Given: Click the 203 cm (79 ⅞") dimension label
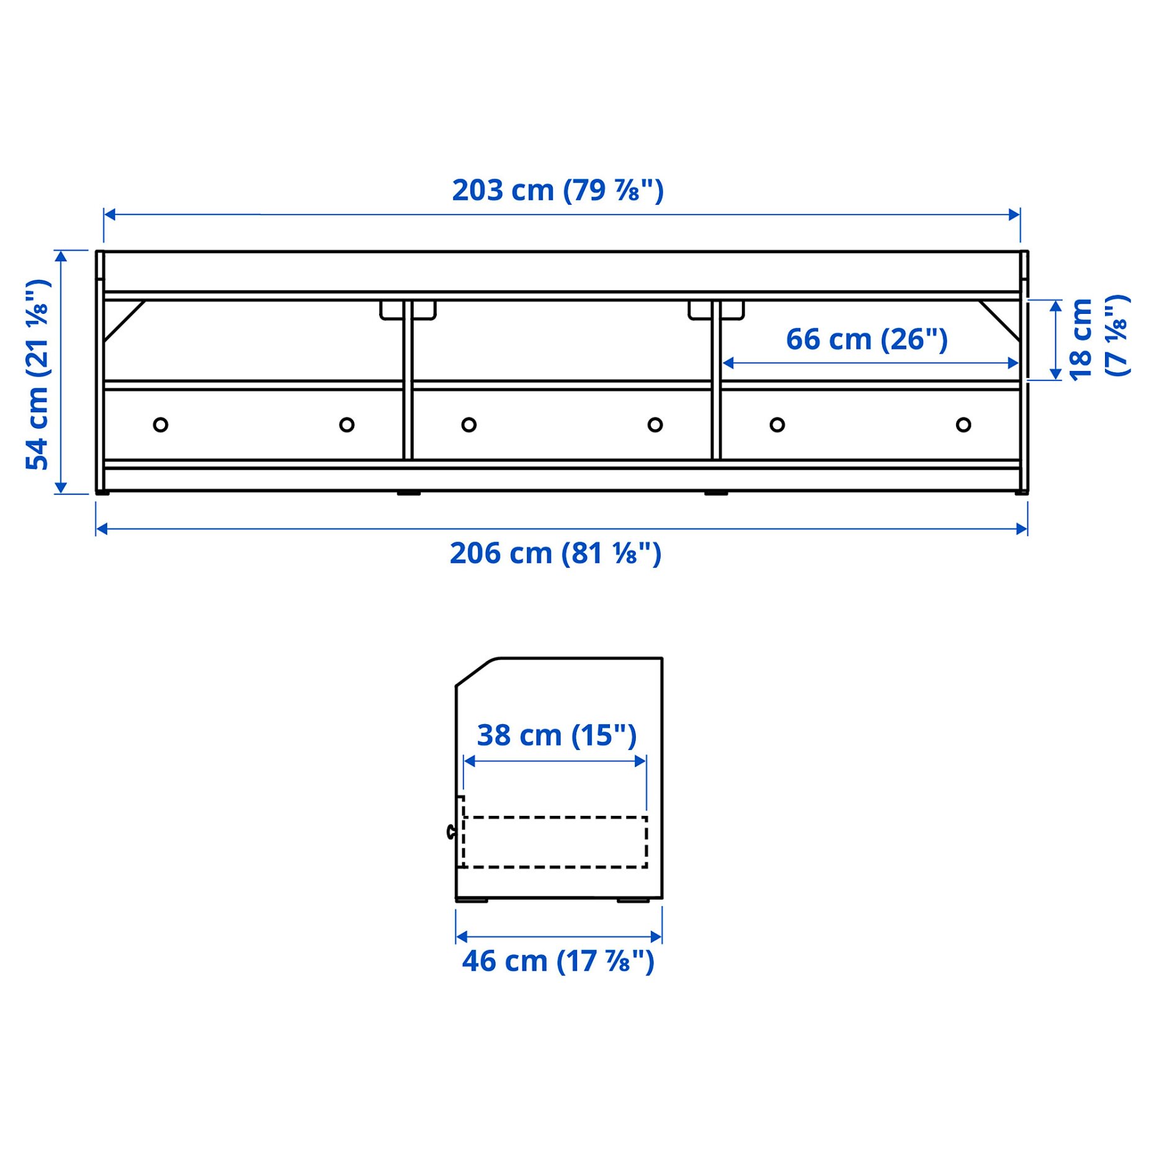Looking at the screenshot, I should click(557, 190).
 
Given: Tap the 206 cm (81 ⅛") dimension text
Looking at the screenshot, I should click(555, 553).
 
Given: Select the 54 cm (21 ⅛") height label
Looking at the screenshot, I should click(38, 373).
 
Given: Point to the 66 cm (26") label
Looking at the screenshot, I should click(866, 339).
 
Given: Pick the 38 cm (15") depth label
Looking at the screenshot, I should click(557, 735).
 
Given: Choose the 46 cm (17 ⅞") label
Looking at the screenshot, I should click(558, 961).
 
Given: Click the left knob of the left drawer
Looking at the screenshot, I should click(160, 425).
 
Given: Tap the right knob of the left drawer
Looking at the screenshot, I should click(347, 425).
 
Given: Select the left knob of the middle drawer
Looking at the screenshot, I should click(469, 425).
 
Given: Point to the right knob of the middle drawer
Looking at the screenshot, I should click(655, 425).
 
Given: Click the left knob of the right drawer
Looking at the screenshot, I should click(777, 425).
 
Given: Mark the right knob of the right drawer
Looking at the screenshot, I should click(964, 425).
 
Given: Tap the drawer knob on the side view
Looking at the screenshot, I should click(451, 832).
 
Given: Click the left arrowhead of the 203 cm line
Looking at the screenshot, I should click(109, 215).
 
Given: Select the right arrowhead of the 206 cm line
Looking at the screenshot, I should click(1022, 529).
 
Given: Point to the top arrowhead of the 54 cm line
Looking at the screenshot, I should click(61, 256).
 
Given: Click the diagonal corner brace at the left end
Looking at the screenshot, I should click(124, 321).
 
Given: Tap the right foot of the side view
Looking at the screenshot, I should click(633, 900).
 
